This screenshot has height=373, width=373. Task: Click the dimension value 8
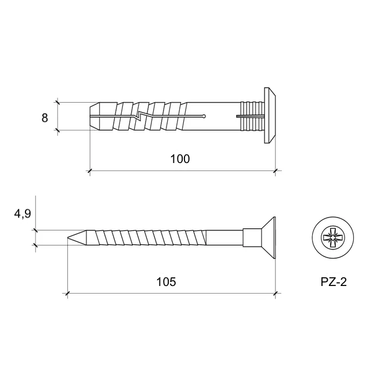[x=45, y=118]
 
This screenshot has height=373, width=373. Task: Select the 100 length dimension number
[x=180, y=159]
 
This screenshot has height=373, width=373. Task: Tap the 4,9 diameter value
[x=23, y=214]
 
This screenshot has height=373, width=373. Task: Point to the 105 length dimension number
[x=166, y=282]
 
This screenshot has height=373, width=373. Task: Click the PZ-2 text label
[x=334, y=282]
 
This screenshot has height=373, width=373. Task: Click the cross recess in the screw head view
[x=332, y=237]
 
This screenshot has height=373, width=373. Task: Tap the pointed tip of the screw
[x=68, y=237]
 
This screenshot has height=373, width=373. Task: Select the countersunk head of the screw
[x=268, y=237]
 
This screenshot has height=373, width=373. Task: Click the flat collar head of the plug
[x=270, y=115]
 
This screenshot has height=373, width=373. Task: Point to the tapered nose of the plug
[x=95, y=117]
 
